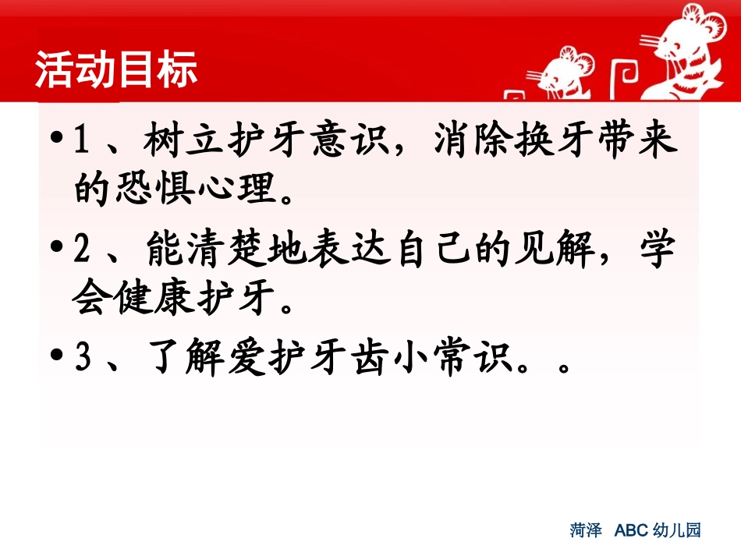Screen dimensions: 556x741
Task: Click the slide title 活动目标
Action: point(116,71)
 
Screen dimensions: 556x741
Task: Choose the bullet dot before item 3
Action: point(55,359)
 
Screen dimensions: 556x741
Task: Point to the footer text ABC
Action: point(632,531)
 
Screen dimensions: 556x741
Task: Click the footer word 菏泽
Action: point(586,531)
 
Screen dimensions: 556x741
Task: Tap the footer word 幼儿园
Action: point(677,531)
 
